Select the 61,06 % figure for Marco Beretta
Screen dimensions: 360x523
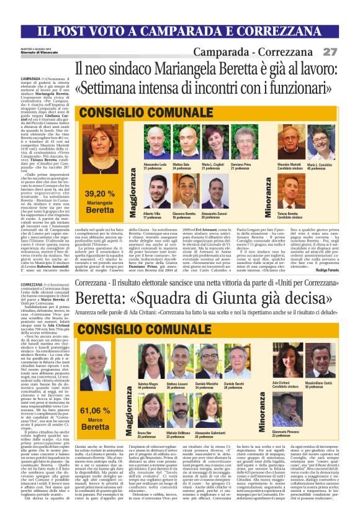click(x=94, y=410)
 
